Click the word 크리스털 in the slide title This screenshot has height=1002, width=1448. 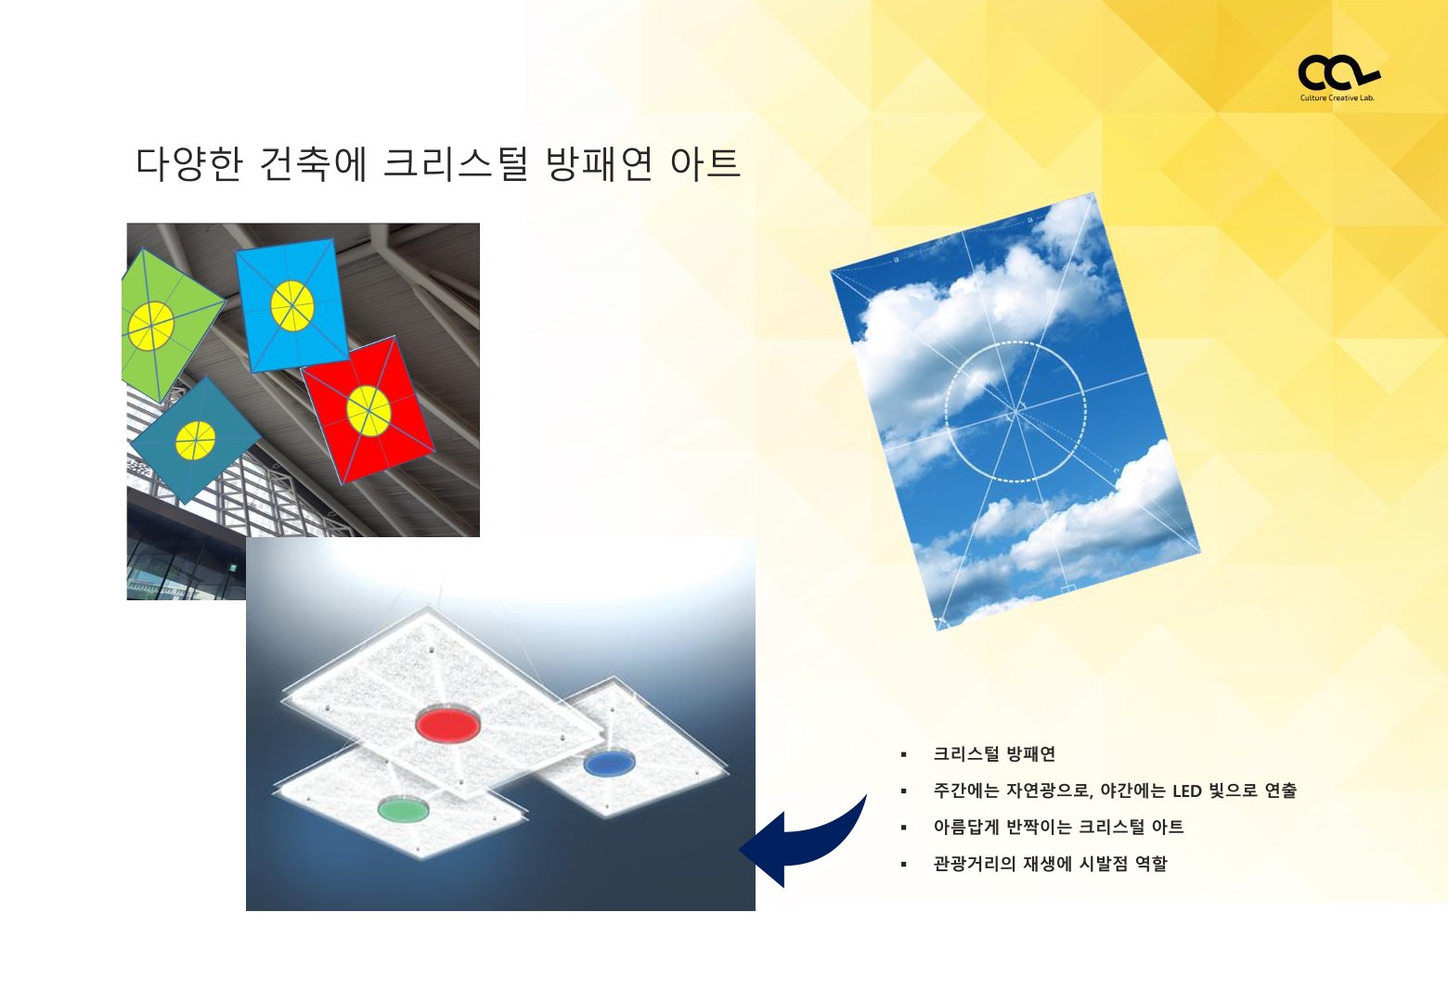pos(456,163)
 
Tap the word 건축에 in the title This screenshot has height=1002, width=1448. pos(313,163)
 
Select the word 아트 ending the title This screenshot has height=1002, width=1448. pos(705,163)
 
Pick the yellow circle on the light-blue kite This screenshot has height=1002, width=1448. pos(292,306)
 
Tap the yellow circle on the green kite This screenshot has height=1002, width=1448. pos(150,326)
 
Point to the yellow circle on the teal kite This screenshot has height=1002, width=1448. pos(195,441)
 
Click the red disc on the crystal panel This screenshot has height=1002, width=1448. pos(447,724)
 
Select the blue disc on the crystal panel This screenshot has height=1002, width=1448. pos(609,763)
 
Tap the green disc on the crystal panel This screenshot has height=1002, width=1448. pos(403,809)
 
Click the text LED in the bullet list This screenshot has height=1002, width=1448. pos(1185,790)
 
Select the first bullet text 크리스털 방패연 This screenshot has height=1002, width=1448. pos(994,754)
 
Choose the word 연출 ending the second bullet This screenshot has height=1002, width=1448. pos(1281,790)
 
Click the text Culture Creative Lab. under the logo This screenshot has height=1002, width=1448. pos(1338,98)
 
